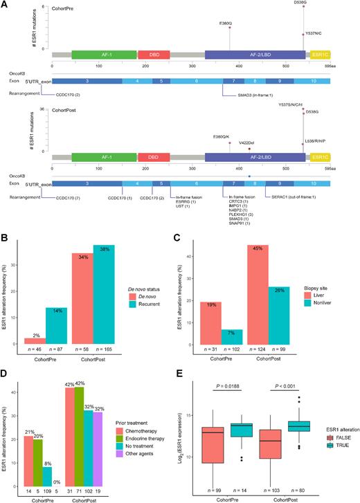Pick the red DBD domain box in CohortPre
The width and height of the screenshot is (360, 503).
[149, 53]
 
